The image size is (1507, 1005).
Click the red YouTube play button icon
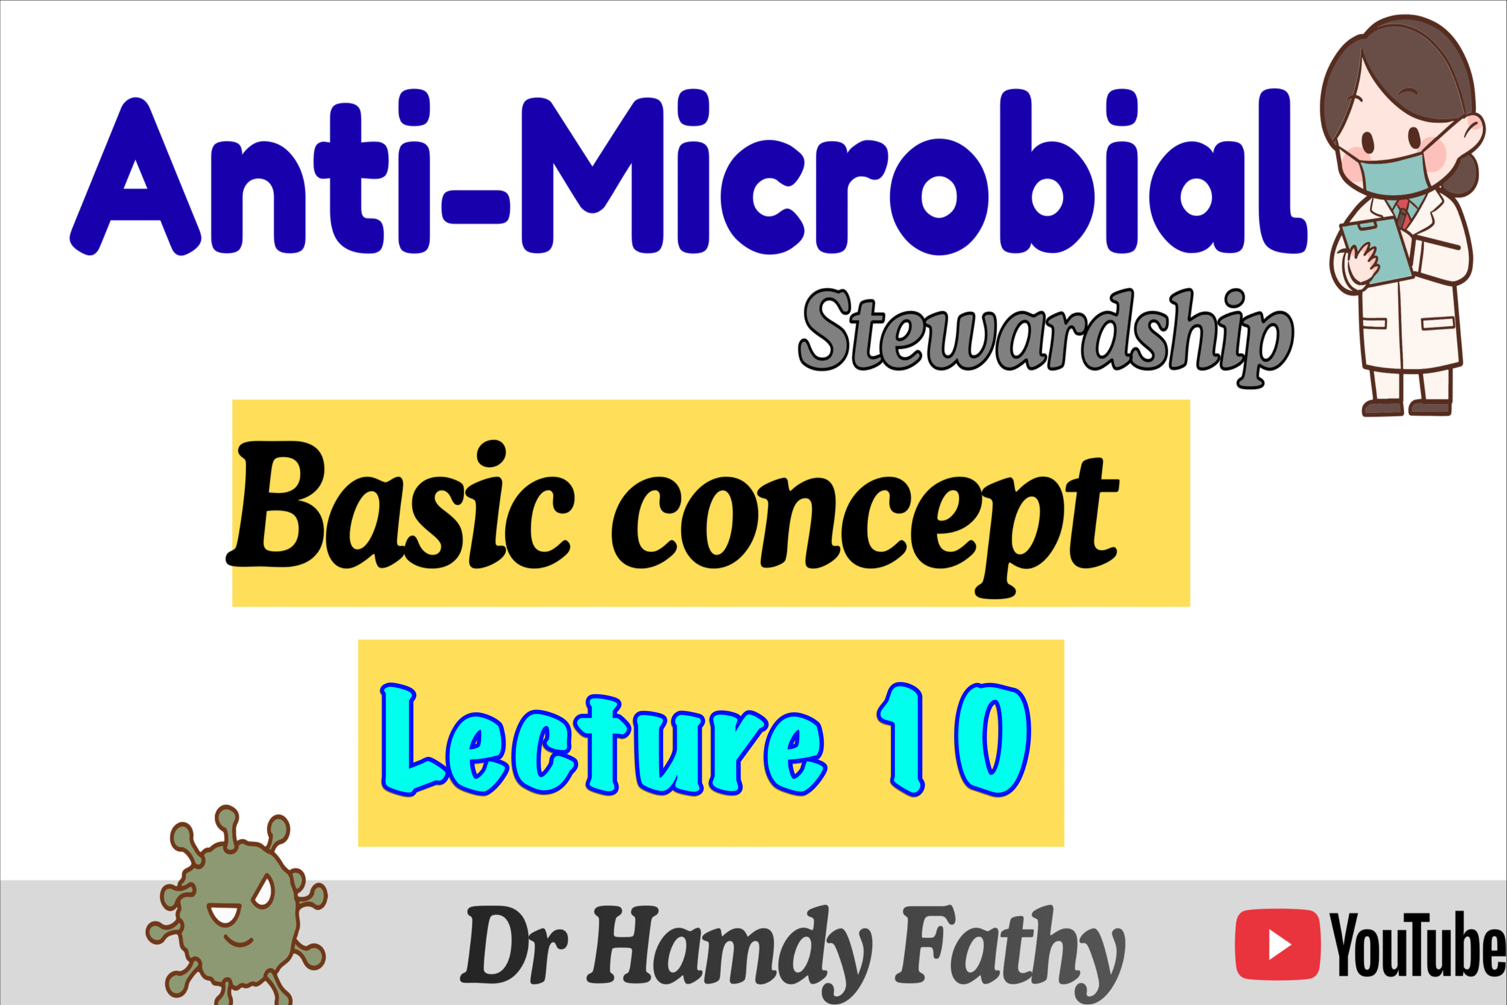1277,944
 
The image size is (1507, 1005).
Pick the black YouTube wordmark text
1417,944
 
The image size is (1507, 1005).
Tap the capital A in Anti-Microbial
134,176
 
